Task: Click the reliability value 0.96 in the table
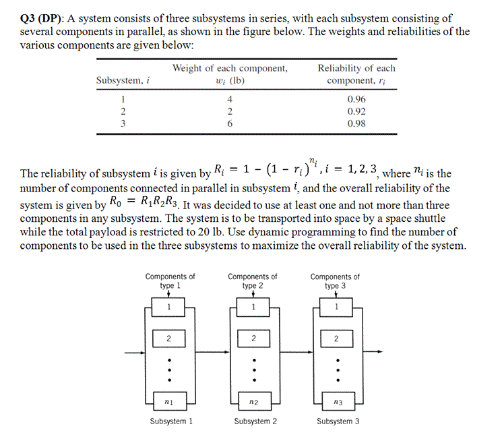point(356,98)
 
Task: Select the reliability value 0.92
point(356,111)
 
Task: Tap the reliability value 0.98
point(356,124)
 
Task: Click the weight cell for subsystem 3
point(230,124)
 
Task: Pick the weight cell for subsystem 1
point(230,98)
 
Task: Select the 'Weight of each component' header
point(230,68)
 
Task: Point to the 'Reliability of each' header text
point(356,68)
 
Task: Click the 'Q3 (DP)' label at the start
point(42,18)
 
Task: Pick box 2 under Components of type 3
point(335,337)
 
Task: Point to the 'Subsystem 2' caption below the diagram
point(255,421)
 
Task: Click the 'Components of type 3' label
point(335,281)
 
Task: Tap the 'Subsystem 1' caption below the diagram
point(171,421)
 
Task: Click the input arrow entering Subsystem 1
point(133,353)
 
